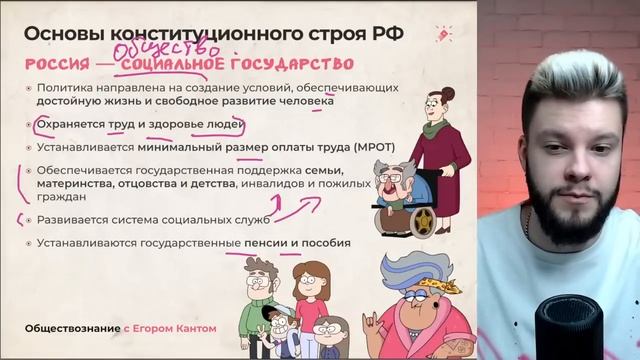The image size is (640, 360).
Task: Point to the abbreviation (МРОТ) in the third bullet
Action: click(330, 147)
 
